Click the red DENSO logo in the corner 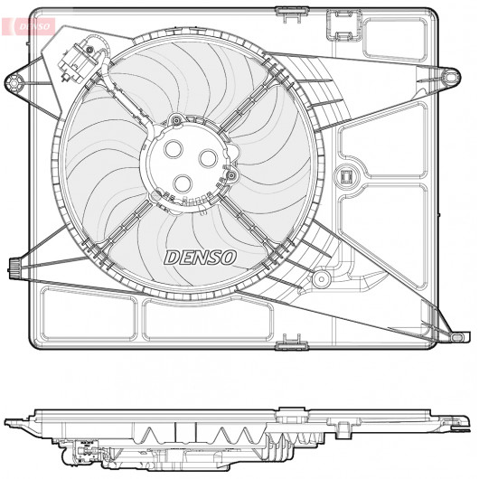pos(28,26)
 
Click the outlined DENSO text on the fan pos(201,258)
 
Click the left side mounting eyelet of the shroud pos(14,82)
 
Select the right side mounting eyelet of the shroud pos(451,77)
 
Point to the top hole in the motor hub pos(174,149)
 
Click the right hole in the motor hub pos(208,158)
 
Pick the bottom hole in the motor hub pos(183,183)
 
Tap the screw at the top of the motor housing pos(176,120)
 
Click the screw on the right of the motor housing pos(232,175)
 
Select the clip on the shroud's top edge pos(292,14)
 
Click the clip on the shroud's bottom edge pos(292,343)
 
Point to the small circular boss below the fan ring pos(321,278)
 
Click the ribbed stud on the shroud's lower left pos(14,268)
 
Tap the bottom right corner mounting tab pos(459,336)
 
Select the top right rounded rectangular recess pos(395,39)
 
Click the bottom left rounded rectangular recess pos(89,314)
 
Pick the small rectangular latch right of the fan pos(346,176)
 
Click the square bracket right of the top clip pos(344,25)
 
